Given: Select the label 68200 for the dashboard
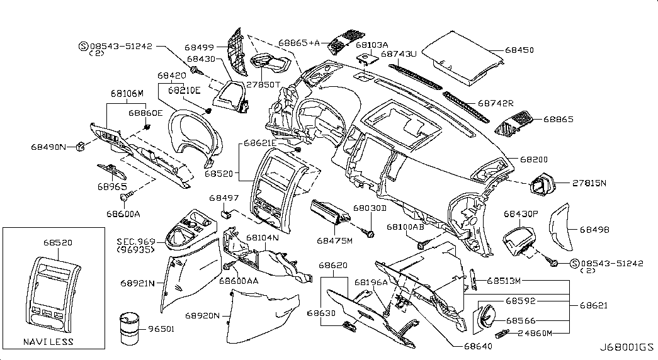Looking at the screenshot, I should (533, 161).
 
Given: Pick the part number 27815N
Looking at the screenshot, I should (589, 183).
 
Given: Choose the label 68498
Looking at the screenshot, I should (594, 230).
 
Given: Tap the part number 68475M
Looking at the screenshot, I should (335, 240).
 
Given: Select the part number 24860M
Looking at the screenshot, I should (533, 333).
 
